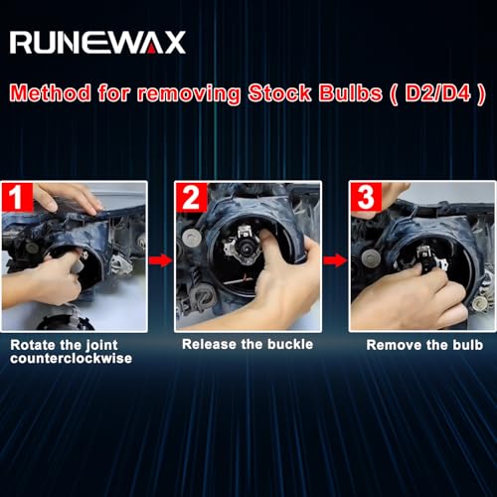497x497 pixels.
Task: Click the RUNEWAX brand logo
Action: tap(97, 43)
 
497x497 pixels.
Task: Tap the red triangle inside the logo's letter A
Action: tap(151, 50)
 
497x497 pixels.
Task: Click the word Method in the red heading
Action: tap(51, 92)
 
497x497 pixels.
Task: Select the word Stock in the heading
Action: tap(280, 92)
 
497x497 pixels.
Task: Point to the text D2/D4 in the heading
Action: tap(437, 92)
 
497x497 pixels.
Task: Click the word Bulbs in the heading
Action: tap(350, 92)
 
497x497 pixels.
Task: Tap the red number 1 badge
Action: tap(17, 198)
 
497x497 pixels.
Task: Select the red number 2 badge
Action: tap(192, 198)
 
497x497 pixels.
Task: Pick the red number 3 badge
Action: tap(366, 197)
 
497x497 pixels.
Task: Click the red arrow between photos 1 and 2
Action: tap(161, 260)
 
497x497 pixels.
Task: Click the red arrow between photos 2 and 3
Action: tap(335, 260)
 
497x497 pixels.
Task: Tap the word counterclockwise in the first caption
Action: tap(72, 359)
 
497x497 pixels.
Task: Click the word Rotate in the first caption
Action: tap(33, 345)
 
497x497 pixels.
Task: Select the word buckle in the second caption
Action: tap(290, 344)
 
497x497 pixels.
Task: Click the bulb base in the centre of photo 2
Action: tap(246, 247)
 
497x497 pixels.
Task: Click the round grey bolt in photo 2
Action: tap(192, 238)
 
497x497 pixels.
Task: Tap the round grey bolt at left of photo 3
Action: tap(370, 257)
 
